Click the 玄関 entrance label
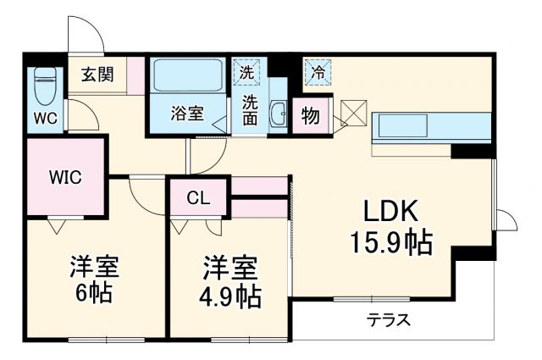[98, 74]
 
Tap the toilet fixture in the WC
[45, 86]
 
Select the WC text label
[46, 118]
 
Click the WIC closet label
[65, 177]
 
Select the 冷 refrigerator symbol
[318, 73]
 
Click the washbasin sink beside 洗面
[278, 116]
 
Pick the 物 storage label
[310, 116]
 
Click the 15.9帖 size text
[391, 243]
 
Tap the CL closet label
[198, 199]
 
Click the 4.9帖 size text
[230, 296]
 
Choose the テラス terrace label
[389, 321]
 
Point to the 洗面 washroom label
[251, 111]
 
